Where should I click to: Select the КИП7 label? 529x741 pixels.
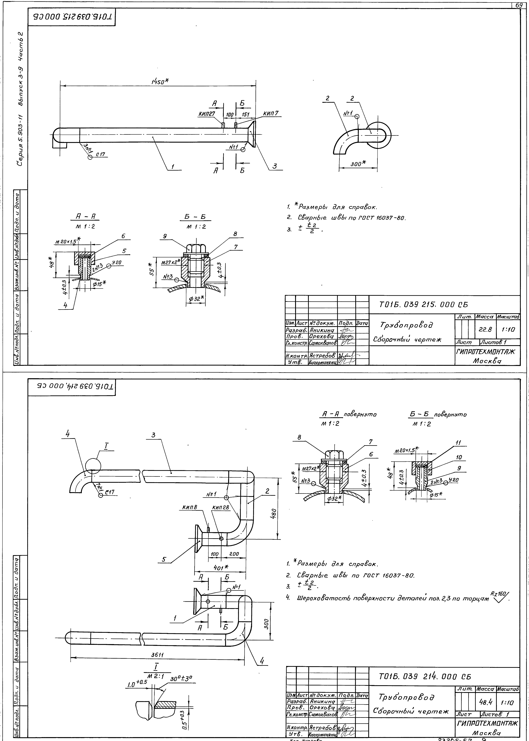click(x=271, y=114)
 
